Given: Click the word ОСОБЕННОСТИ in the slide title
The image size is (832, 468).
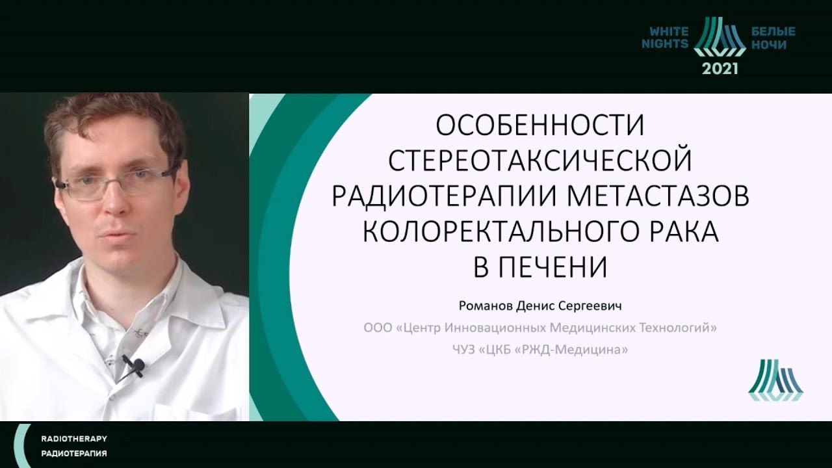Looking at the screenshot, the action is click(x=539, y=125).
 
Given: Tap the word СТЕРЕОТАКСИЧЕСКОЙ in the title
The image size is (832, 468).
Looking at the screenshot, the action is click(x=539, y=161).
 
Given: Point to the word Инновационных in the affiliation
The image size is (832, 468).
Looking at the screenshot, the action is click(x=495, y=328).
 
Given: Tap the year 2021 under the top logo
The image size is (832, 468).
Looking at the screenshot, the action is click(x=720, y=68).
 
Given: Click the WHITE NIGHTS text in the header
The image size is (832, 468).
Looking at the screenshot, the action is click(x=665, y=38).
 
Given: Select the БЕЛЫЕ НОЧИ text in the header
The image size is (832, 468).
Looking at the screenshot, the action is click(x=773, y=38).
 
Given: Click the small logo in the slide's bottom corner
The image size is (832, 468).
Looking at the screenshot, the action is click(x=775, y=380).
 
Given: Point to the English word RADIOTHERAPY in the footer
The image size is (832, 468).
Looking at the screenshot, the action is click(x=74, y=439).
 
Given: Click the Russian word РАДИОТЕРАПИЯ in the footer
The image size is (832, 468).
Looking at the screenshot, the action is click(x=74, y=454).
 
